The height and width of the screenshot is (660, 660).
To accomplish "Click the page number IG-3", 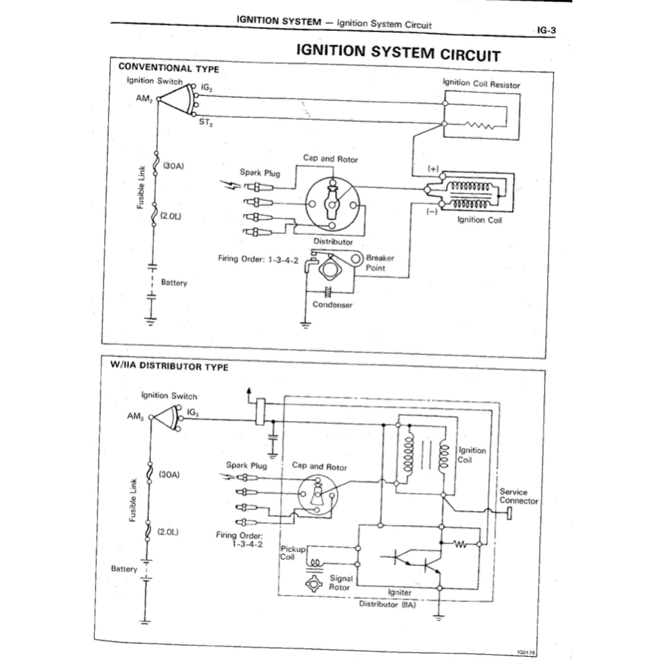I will [x=545, y=30].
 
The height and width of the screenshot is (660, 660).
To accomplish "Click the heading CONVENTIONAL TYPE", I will [x=168, y=68].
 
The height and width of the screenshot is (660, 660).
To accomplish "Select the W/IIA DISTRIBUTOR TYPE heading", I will [x=169, y=367].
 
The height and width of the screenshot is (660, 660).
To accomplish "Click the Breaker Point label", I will [x=380, y=262].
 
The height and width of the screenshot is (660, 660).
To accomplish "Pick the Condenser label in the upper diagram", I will [x=333, y=305].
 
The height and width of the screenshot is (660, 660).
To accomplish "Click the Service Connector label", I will [x=518, y=496].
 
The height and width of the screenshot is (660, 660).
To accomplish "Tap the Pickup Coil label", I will [x=289, y=552].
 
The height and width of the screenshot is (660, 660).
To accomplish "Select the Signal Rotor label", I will [x=340, y=583].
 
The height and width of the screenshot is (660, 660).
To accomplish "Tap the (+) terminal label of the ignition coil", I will [x=433, y=169].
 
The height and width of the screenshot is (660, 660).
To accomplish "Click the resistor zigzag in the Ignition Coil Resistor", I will [x=480, y=125].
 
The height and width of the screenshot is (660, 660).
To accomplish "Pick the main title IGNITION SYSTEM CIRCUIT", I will [x=398, y=52].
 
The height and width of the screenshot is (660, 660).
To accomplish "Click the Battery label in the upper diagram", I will [x=174, y=282].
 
